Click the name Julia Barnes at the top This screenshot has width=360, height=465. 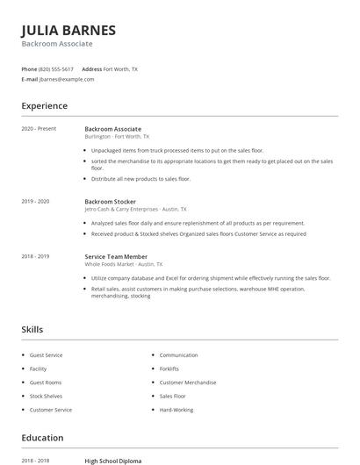68,29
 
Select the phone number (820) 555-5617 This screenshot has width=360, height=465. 56,68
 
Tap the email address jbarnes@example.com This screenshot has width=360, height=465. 67,79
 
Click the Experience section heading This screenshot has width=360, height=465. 44,106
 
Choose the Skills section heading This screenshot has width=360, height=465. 32,330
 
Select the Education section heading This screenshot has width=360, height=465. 42,438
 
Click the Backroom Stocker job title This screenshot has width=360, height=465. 111,201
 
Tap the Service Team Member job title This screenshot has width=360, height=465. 116,256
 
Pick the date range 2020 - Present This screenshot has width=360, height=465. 39,129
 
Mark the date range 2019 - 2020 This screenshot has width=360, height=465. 35,201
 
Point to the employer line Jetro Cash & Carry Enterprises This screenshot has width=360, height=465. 134,209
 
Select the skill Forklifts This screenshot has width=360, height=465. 169,369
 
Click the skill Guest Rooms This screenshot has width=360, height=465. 46,383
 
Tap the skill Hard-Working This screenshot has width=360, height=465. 176,410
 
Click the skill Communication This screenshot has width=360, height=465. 178,355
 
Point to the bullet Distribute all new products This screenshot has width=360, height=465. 140,179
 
